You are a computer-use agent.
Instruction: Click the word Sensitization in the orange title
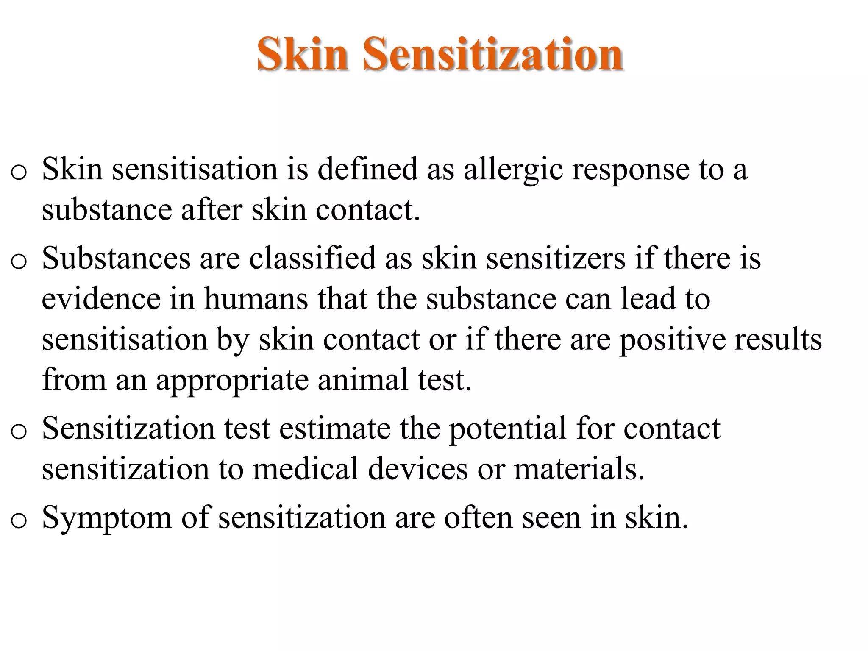[493, 54]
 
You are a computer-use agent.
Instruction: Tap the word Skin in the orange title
[303, 54]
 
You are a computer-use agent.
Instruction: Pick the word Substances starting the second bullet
[116, 258]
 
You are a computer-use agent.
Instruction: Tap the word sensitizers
[556, 258]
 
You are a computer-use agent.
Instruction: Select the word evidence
[101, 298]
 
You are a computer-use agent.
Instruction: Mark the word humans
[256, 298]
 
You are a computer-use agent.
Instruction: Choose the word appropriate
[232, 381]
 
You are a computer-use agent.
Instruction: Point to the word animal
[363, 380]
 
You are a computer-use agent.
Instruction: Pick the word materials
[579, 469]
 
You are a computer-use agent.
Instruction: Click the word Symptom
[107, 518]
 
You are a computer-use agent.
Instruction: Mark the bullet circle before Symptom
[19, 520]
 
